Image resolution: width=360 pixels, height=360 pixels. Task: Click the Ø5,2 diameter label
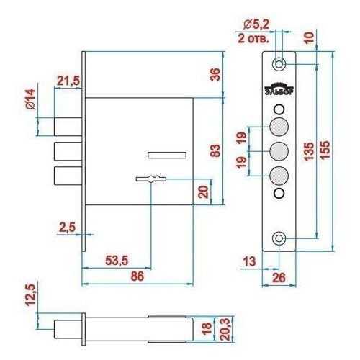point(256,24)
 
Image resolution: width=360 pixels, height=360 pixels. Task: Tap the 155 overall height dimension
point(325,150)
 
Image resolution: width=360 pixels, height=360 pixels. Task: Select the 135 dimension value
point(309,151)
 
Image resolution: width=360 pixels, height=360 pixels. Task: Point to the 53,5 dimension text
point(117,261)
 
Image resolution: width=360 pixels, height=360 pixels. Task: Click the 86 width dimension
point(138,276)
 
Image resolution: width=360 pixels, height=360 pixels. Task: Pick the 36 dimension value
point(215,74)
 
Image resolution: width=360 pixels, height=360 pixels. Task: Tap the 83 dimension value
point(215,150)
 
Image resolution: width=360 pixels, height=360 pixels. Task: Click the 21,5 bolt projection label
point(68,81)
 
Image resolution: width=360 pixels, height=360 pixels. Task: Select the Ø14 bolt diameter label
point(31,99)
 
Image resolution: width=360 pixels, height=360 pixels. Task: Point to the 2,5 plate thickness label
point(68,228)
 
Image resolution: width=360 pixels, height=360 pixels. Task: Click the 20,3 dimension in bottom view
point(225,329)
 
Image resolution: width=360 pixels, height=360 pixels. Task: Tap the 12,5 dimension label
point(31,295)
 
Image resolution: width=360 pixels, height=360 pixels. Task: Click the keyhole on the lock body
point(151,179)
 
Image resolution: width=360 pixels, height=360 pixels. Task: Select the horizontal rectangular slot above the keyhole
point(167,156)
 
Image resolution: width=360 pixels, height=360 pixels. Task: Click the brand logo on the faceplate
point(279,89)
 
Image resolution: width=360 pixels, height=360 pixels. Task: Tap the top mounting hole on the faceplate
point(279,64)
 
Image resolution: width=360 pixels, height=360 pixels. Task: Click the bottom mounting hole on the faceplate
point(279,238)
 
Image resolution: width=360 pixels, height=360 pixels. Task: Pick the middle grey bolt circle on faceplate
point(279,151)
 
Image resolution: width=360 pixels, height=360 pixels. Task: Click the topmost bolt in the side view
point(68,127)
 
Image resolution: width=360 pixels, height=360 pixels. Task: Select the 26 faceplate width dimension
point(279,278)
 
